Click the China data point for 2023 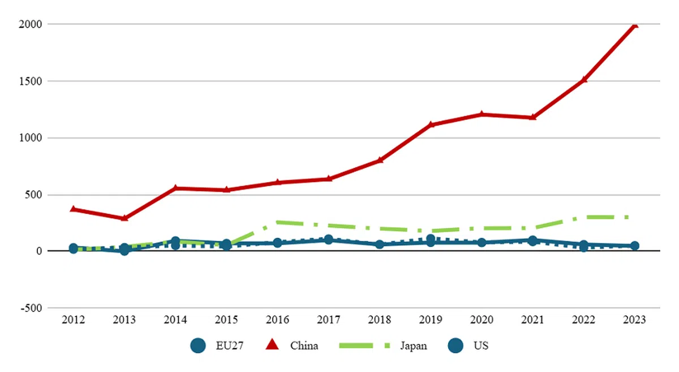pyautogui.click(x=634, y=25)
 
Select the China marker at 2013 pyautogui.click(x=124, y=218)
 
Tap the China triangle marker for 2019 pyautogui.click(x=431, y=124)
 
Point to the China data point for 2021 pyautogui.click(x=532, y=117)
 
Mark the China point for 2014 pyautogui.click(x=175, y=188)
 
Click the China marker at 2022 pyautogui.click(x=583, y=80)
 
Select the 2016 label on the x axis pyautogui.click(x=277, y=320)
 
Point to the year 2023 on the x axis pyautogui.click(x=634, y=320)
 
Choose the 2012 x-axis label pyautogui.click(x=74, y=320)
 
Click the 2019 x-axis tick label pyautogui.click(x=431, y=320)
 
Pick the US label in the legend pyautogui.click(x=481, y=345)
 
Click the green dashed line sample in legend pyautogui.click(x=364, y=345)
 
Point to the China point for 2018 pyautogui.click(x=380, y=160)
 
